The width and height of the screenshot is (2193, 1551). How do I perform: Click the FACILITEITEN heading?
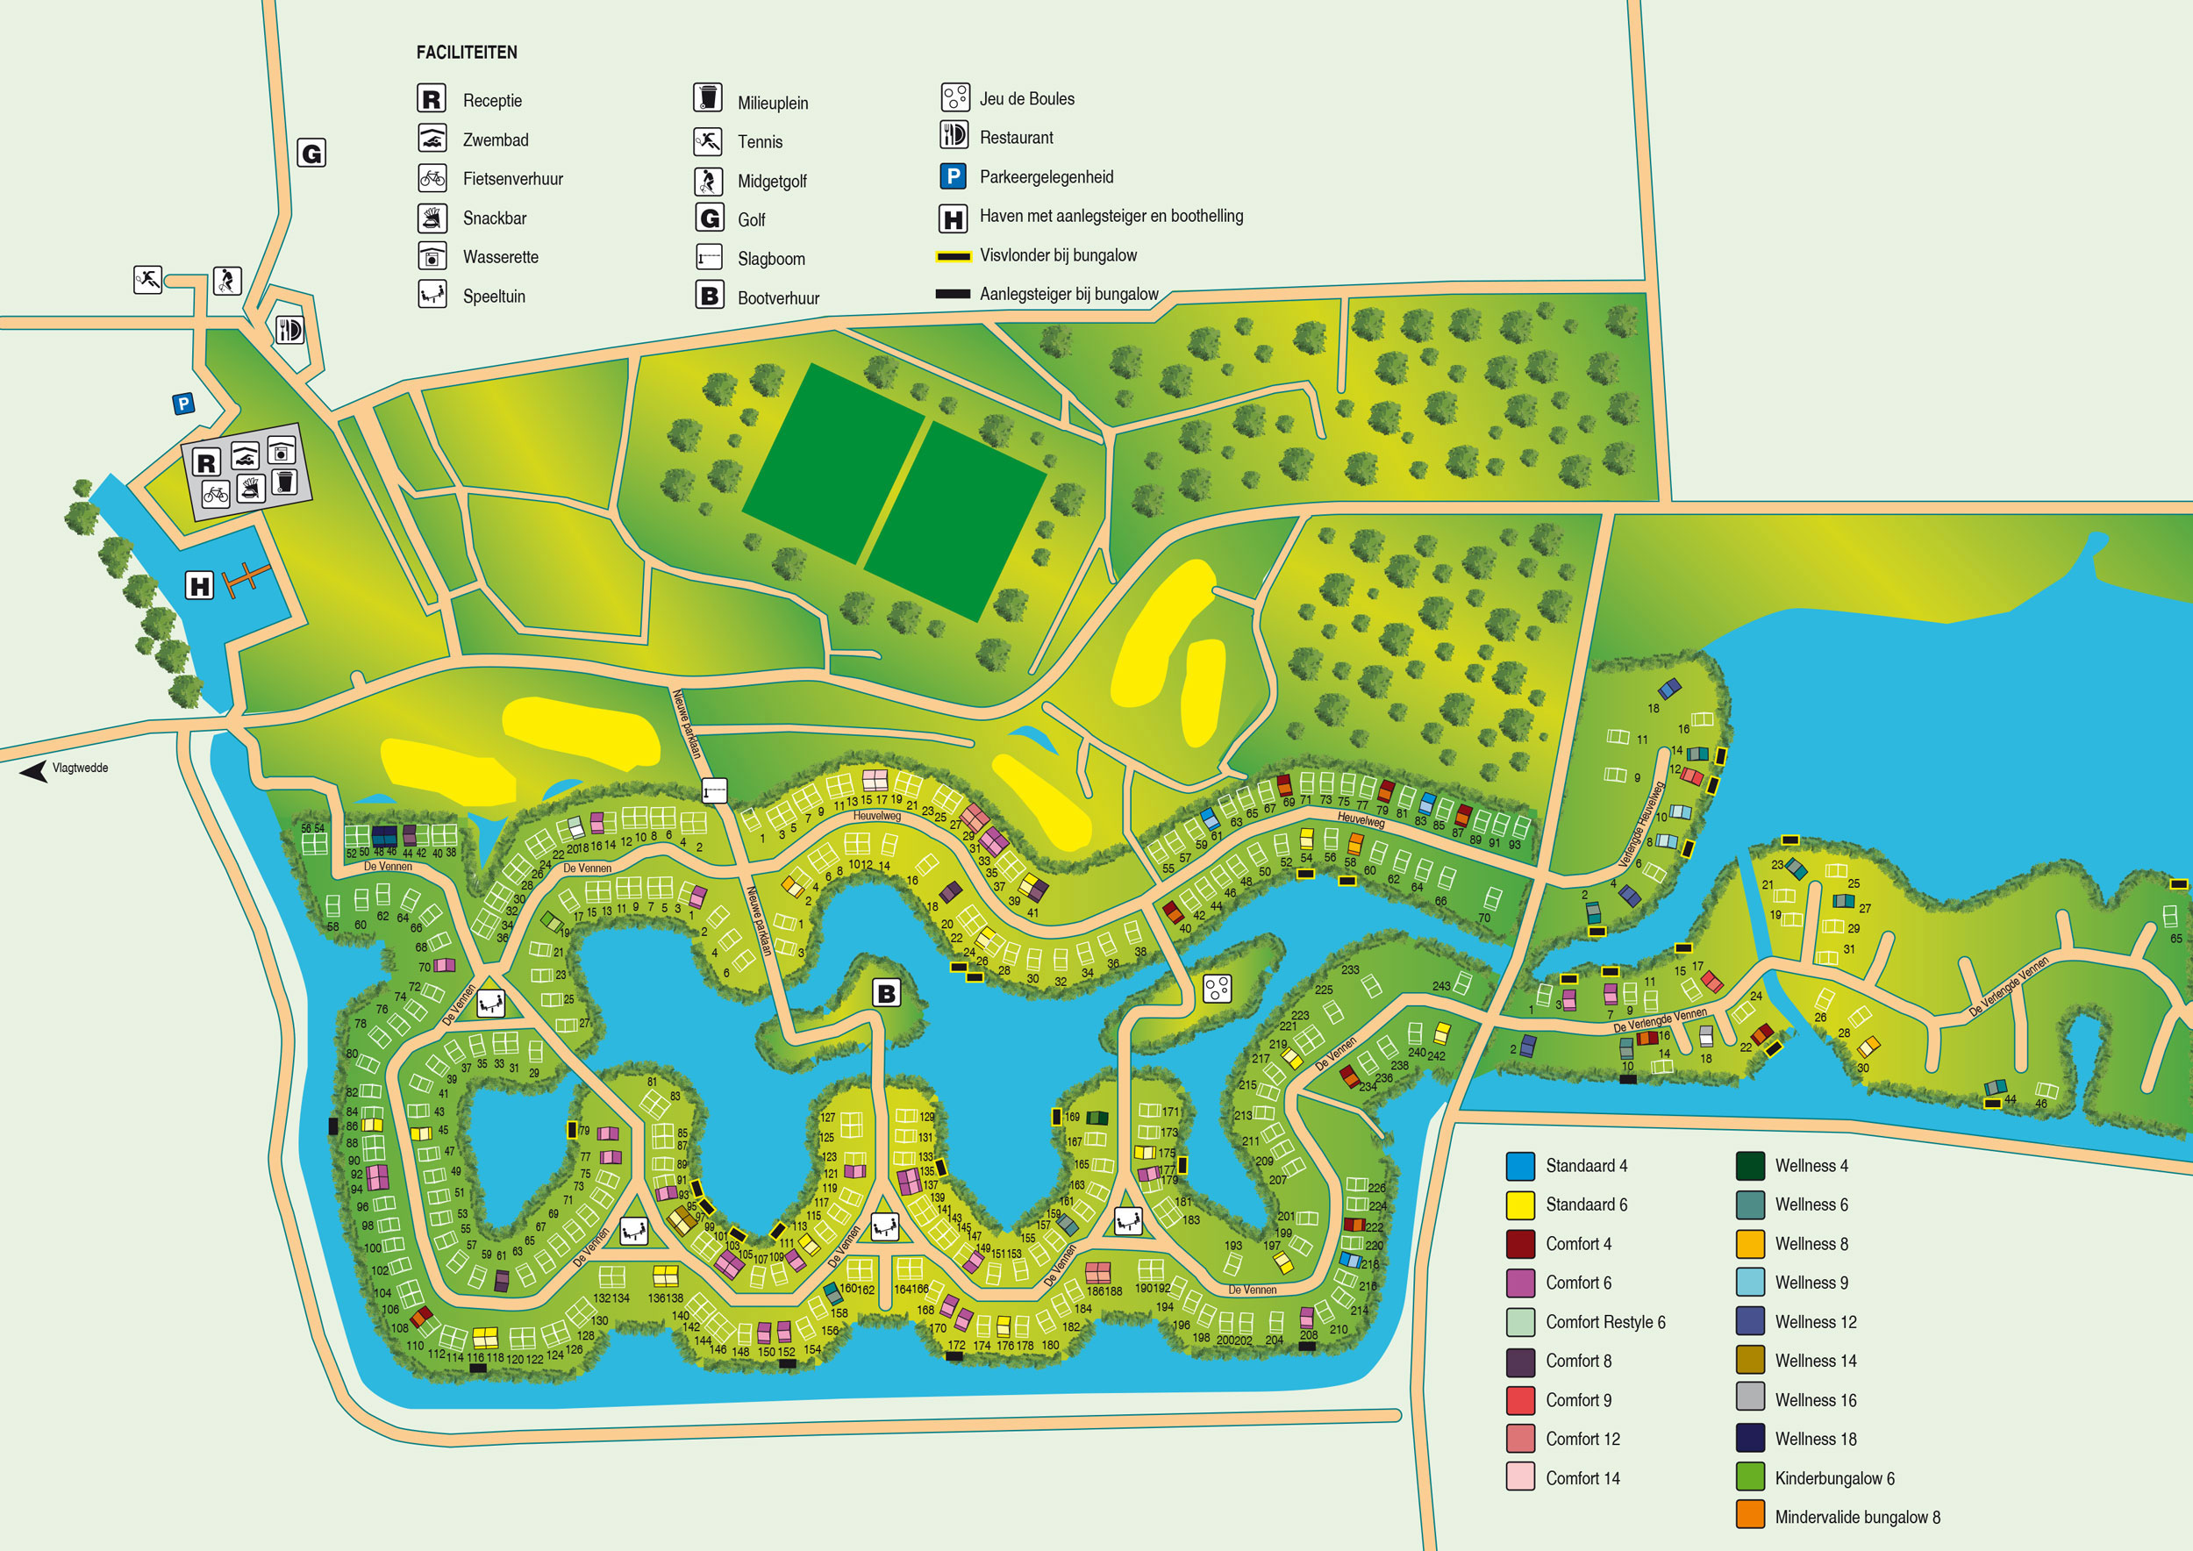tap(466, 53)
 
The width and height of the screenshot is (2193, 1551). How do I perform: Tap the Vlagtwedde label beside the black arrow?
tap(80, 768)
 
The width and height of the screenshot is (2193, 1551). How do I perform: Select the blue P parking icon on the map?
tap(183, 404)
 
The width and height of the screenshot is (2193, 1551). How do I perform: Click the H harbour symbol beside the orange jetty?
tap(200, 585)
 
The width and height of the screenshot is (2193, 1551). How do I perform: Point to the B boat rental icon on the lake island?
tap(886, 993)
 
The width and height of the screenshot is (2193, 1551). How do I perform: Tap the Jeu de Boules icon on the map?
tap(1217, 989)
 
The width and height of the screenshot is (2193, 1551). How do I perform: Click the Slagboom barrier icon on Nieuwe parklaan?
tap(714, 790)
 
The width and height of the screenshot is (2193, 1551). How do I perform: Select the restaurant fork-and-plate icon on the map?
tap(289, 331)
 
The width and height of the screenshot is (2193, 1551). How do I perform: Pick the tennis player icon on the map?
tap(148, 280)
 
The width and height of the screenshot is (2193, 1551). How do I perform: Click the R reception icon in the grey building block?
tap(206, 463)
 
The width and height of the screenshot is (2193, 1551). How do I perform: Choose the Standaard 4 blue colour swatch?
tap(1519, 1166)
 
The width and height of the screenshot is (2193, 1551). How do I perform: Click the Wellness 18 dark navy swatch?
tap(1750, 1439)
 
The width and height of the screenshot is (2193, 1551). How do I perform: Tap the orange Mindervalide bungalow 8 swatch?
tap(1750, 1517)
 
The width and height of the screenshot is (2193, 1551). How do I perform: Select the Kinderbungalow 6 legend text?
tap(1834, 1478)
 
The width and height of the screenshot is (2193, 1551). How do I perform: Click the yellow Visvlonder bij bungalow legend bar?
tap(953, 256)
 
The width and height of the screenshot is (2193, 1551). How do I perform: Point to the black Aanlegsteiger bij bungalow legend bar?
tap(953, 294)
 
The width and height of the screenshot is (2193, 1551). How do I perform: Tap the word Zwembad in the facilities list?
tap(495, 140)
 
